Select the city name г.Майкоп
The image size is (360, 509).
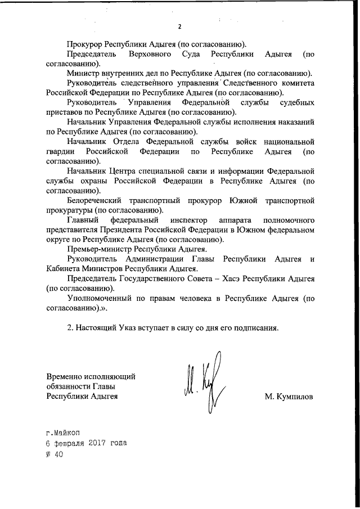click(x=64, y=431)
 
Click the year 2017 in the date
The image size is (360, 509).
click(x=97, y=443)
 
